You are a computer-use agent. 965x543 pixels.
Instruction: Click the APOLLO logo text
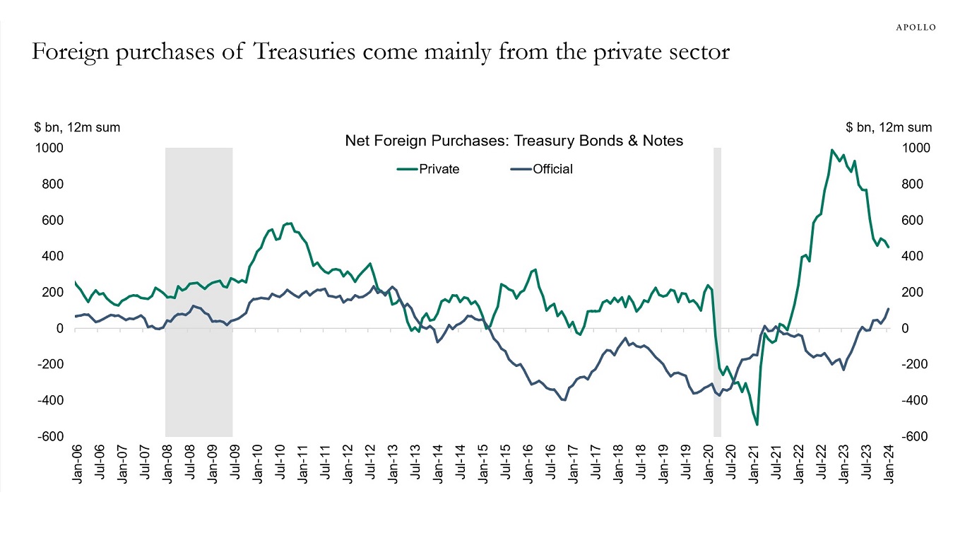click(x=916, y=28)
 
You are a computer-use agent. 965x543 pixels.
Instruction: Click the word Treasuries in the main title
click(x=295, y=53)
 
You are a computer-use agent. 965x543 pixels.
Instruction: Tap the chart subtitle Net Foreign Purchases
click(x=514, y=141)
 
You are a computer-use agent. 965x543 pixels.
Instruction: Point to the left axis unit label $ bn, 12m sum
click(x=77, y=128)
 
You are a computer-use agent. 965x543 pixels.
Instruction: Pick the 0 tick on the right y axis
click(x=906, y=329)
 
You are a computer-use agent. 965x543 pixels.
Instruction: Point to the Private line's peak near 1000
click(x=833, y=150)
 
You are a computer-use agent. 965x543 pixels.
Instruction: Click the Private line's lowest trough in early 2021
click(x=757, y=424)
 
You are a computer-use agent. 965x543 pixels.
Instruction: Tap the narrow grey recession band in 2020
click(x=717, y=283)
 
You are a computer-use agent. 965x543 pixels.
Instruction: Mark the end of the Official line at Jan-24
click(x=889, y=309)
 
